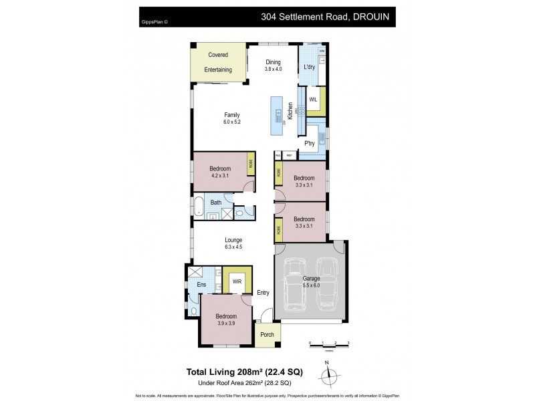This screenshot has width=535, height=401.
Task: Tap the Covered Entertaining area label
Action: (218, 62)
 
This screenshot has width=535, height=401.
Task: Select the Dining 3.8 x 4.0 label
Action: (273, 65)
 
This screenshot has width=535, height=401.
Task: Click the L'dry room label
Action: (309, 67)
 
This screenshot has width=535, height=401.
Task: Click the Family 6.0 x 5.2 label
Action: (232, 118)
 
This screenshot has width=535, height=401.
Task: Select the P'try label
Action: (310, 144)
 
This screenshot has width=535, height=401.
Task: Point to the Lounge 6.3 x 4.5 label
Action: (233, 243)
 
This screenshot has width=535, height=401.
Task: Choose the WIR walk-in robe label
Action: (237, 281)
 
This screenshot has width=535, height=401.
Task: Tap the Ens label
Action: (201, 285)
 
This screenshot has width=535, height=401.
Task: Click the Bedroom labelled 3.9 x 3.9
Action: (226, 320)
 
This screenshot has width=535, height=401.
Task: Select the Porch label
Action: (266, 334)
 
